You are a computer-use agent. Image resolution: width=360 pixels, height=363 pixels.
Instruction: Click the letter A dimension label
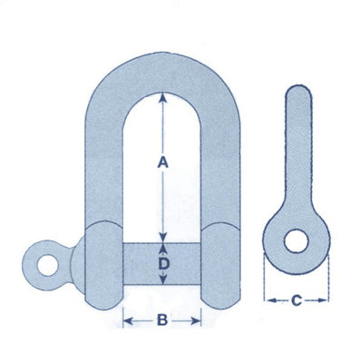point(161,163)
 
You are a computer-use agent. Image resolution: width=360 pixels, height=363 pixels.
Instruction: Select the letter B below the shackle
point(162,319)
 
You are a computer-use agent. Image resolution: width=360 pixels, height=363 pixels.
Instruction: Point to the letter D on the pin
point(162,264)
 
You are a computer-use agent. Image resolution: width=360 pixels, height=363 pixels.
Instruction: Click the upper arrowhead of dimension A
point(161,96)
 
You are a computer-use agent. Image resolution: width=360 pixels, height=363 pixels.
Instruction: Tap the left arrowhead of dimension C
point(267,299)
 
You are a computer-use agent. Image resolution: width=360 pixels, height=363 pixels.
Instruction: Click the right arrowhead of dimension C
point(325,299)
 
